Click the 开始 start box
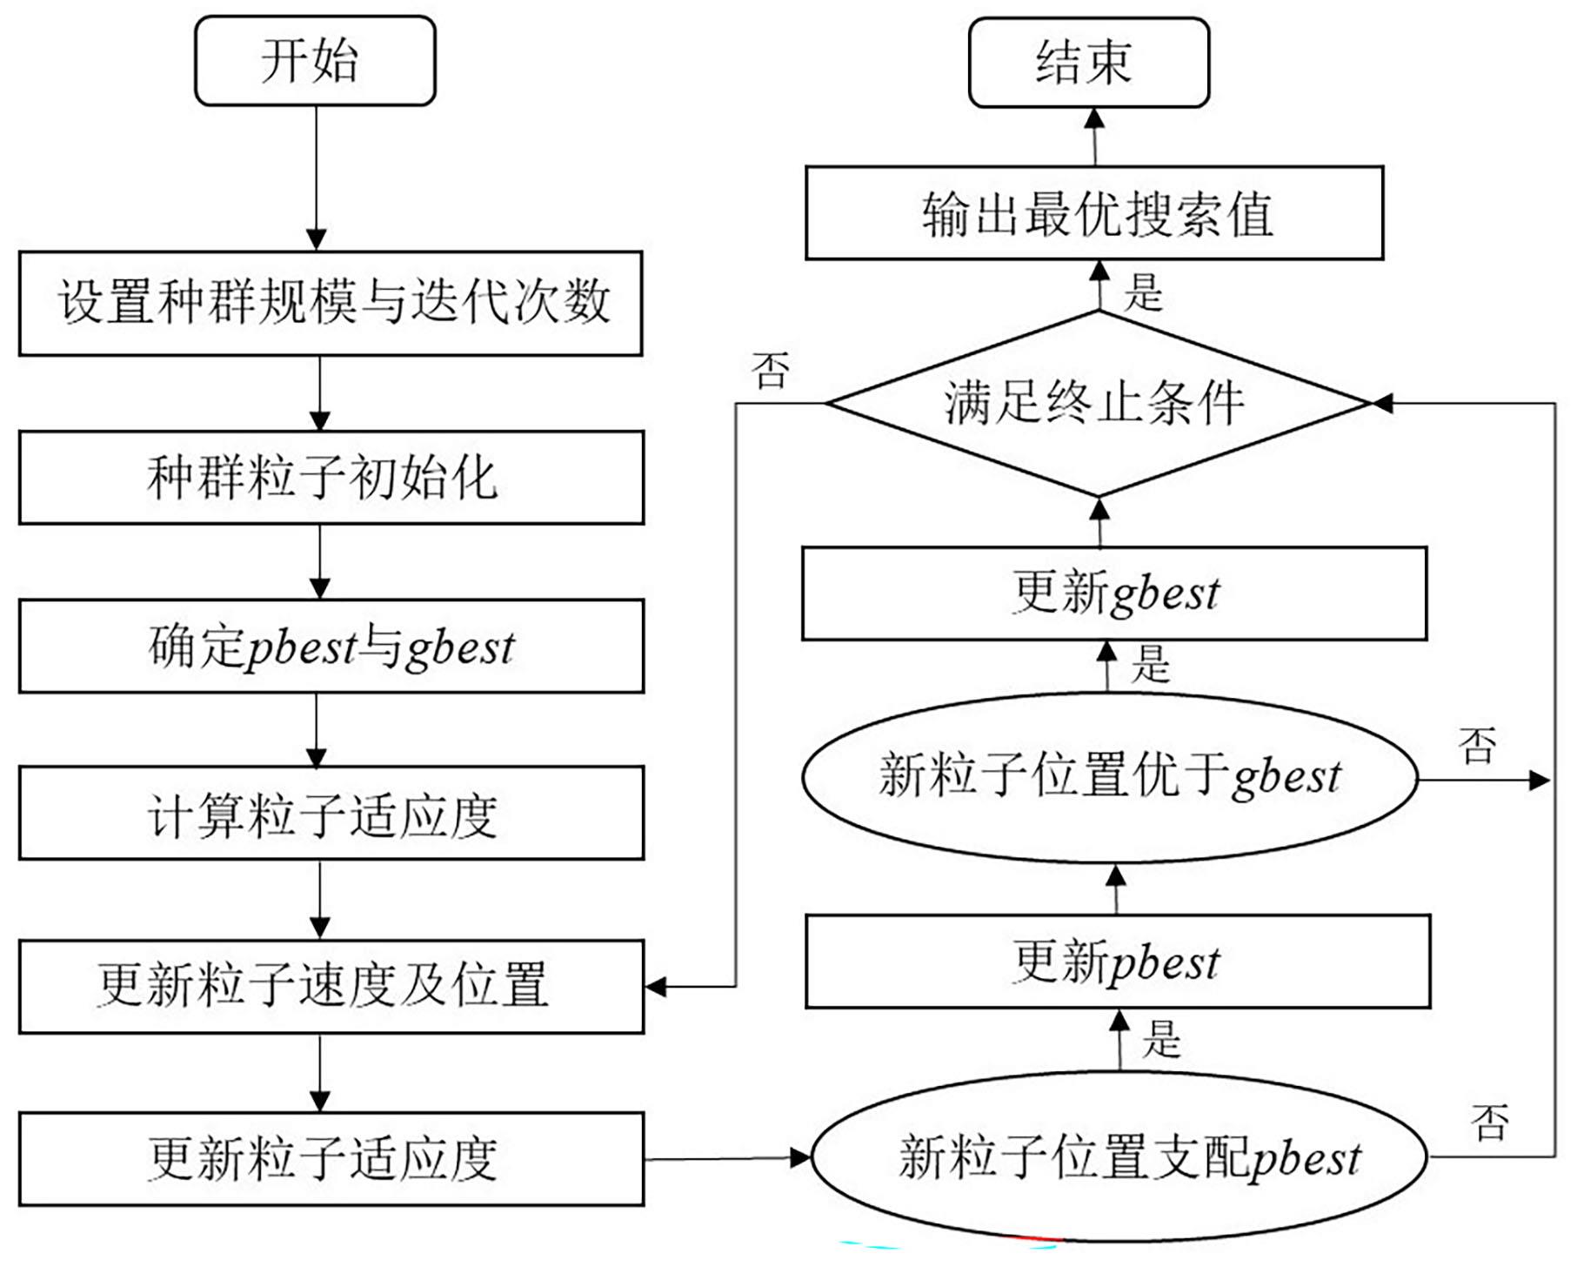(315, 61)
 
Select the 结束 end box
(1088, 63)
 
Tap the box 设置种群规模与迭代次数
(331, 303)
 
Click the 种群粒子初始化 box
(331, 477)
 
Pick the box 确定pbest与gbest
(331, 646)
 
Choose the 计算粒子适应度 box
(331, 813)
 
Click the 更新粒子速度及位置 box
(331, 986)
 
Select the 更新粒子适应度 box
(331, 1158)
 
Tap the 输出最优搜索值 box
(1094, 213)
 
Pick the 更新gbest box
(1114, 593)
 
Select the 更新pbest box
(1118, 962)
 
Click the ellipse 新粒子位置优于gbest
(1110, 777)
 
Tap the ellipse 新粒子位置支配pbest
(1119, 1156)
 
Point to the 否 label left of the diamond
(771, 371)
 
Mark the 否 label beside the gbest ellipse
(1477, 746)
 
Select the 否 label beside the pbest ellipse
(1489, 1122)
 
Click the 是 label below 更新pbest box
(1161, 1038)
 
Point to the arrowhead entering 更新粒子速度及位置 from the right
(655, 987)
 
